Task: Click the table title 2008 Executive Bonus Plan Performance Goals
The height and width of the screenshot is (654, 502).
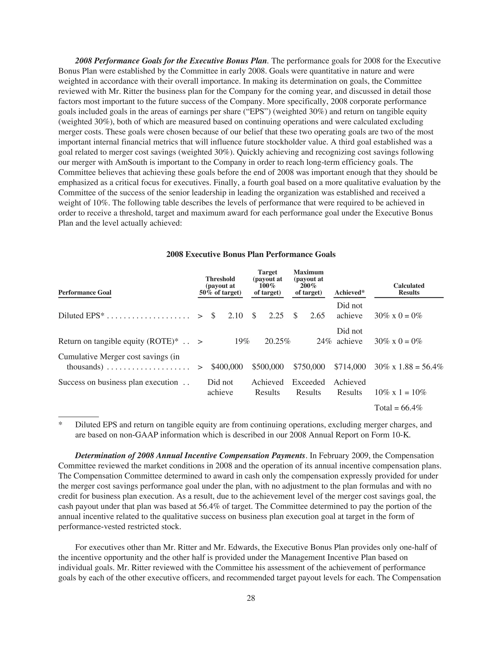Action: [251, 254]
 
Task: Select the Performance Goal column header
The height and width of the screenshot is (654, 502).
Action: [85, 292]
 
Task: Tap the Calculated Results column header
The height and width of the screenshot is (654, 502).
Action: [409, 289]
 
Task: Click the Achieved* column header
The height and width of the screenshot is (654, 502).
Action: [350, 293]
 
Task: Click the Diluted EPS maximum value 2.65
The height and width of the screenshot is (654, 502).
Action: [317, 316]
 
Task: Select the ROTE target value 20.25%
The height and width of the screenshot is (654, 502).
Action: [277, 341]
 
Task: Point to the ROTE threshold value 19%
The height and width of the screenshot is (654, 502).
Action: [242, 341]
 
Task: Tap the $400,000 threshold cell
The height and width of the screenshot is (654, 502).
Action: [227, 367]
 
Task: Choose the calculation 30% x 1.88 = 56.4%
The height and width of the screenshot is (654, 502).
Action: [408, 367]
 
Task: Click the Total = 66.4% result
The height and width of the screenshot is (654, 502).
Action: [398, 408]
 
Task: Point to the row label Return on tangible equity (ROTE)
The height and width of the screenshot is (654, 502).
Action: [118, 341]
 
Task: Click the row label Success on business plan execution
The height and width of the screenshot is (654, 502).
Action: [118, 382]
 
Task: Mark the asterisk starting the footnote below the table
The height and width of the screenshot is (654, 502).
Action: [60, 425]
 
